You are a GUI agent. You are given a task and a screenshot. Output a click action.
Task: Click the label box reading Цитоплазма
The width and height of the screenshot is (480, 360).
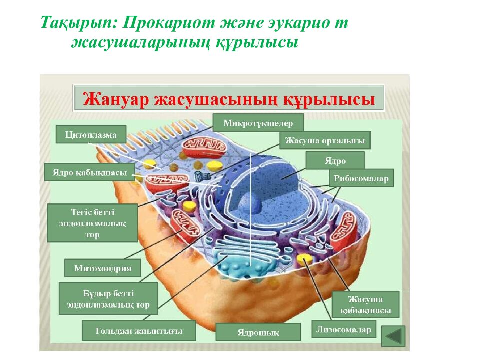click(90, 135)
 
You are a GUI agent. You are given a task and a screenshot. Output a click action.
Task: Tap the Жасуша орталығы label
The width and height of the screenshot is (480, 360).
click(325, 140)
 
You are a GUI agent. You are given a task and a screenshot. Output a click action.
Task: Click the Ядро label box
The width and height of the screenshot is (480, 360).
click(335, 161)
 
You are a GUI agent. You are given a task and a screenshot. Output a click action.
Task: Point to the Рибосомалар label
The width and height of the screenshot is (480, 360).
click(361, 178)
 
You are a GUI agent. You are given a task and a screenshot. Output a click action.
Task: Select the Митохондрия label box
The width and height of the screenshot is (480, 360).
click(102, 268)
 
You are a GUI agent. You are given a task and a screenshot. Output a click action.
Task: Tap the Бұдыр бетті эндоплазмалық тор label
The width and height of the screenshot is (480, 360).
click(108, 299)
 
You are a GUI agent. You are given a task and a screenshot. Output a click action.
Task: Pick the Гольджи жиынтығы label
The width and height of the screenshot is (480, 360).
click(139, 330)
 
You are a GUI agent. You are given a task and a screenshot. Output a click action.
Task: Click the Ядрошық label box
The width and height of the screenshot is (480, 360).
click(258, 332)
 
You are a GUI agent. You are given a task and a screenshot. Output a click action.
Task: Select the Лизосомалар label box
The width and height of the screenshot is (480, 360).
click(344, 329)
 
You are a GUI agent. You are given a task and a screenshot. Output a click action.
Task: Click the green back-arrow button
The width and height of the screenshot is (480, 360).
click(393, 336)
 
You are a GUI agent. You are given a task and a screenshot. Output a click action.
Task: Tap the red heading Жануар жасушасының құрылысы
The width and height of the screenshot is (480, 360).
click(229, 98)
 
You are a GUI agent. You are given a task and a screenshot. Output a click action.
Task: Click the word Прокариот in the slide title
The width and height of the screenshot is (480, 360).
click(169, 23)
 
